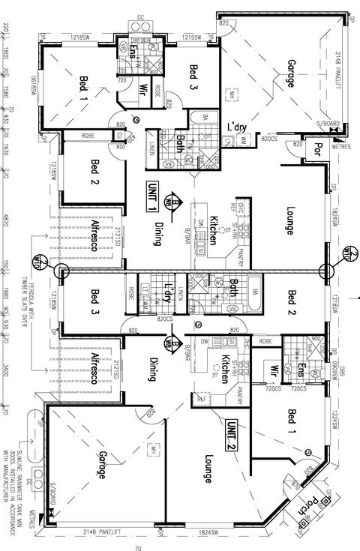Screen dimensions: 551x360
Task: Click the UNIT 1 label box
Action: pos(153,196)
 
